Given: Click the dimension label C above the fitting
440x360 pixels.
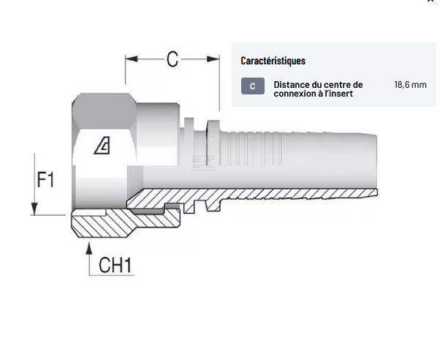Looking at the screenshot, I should click(x=172, y=59).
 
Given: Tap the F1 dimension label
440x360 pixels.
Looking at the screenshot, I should click(x=45, y=179).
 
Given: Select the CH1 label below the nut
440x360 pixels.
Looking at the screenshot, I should click(x=115, y=265).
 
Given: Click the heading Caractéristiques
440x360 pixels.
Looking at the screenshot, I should click(x=273, y=61).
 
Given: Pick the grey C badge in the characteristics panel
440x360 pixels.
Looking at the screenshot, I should click(x=252, y=86).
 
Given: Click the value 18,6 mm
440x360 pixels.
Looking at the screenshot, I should click(x=410, y=85).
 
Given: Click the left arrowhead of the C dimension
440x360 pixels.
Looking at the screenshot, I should click(x=129, y=59).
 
